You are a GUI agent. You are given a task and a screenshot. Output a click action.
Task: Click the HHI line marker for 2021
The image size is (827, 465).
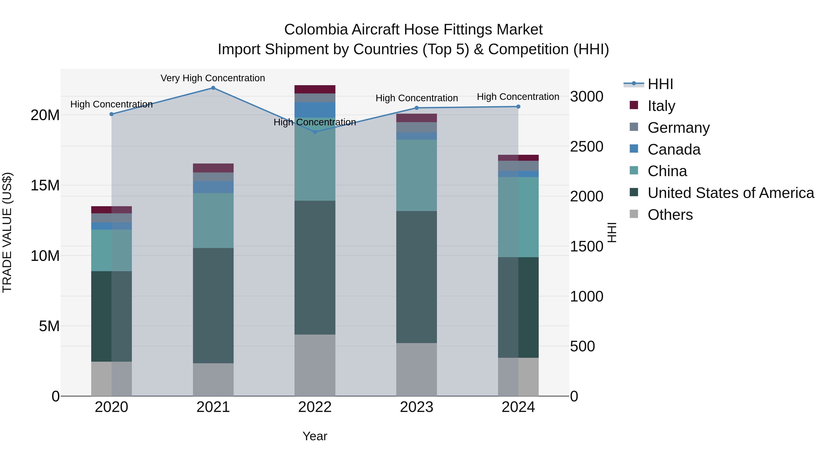(213, 88)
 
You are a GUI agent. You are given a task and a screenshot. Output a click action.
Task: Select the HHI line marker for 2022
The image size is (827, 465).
(315, 132)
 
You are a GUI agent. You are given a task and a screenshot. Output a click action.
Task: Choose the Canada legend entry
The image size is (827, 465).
(674, 149)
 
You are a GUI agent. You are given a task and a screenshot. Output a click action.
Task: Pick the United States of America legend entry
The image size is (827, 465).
(730, 193)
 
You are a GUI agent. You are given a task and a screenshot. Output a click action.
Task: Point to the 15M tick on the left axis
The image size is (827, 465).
(45, 186)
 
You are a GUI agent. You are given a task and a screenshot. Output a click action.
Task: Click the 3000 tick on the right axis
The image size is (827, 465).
(586, 97)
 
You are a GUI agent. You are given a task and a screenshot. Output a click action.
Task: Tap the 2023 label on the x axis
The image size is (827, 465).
(416, 407)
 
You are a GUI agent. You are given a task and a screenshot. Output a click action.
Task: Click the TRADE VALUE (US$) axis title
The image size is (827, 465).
(7, 232)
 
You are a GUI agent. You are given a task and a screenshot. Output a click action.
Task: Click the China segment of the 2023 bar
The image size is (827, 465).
(416, 175)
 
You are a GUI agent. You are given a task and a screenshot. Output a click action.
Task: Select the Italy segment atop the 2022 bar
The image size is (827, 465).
(315, 89)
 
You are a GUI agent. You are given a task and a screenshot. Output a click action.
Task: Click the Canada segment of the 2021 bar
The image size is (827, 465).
(213, 187)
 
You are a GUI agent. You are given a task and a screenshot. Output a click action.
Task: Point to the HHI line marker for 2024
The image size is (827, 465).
(518, 107)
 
